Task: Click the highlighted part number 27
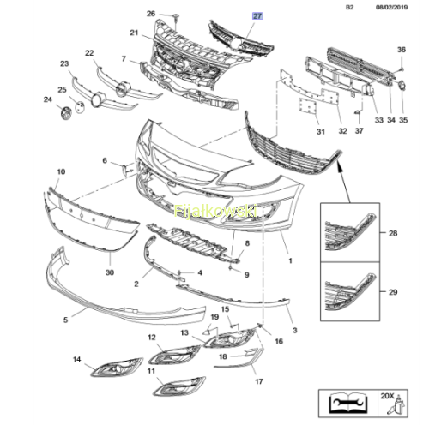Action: [257, 16]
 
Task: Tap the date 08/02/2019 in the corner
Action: [391, 7]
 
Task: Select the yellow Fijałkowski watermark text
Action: [215, 212]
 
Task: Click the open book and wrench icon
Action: [347, 403]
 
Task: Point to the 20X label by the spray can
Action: [387, 396]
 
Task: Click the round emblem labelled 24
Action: [67, 113]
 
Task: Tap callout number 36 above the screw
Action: [402, 50]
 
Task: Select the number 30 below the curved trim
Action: [110, 272]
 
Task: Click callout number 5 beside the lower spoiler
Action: [65, 320]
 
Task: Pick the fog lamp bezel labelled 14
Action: [117, 367]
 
